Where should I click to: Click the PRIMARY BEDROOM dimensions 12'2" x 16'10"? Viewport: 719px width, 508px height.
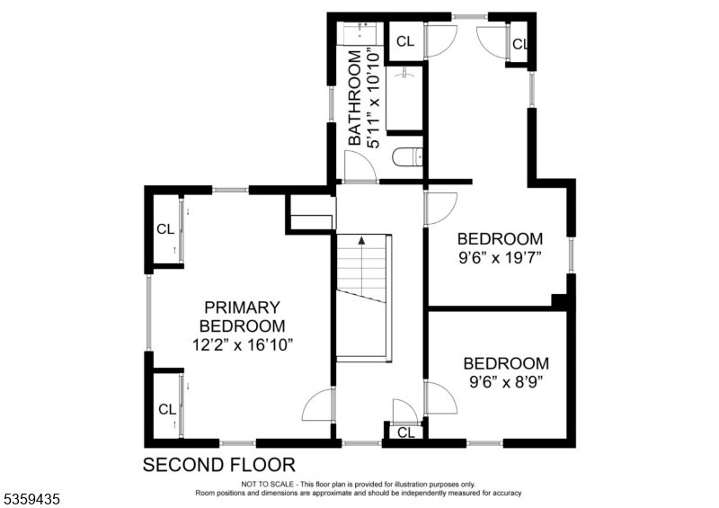242,344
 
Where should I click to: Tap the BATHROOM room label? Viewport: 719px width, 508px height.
354,98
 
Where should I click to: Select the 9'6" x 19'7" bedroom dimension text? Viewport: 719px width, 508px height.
501,258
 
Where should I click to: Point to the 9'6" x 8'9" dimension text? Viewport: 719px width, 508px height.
506,382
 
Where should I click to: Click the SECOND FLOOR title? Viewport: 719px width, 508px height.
219,465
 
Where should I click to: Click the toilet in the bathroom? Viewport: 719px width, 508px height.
408,157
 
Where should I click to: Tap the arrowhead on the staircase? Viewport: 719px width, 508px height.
362,239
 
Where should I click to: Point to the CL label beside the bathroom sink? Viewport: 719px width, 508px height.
405,41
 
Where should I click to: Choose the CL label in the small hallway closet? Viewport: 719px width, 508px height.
406,432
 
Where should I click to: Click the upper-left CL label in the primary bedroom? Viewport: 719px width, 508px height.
165,229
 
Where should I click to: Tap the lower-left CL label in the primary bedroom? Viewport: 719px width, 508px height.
167,409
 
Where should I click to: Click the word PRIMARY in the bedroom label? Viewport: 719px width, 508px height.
242,307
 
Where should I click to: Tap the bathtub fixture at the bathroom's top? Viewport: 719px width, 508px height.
360,32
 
